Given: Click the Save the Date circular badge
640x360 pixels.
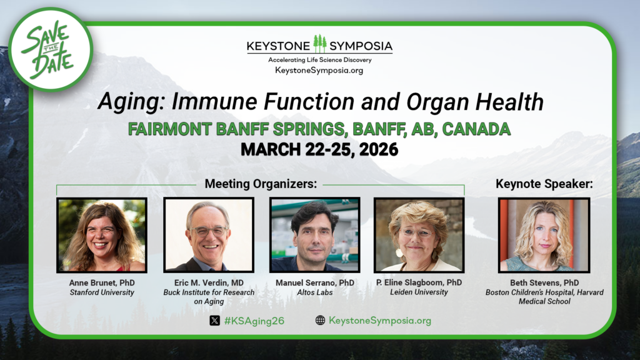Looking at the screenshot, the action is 51,49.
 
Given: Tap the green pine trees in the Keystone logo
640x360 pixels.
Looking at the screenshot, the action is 320,44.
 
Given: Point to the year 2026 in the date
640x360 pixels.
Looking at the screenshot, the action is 378,149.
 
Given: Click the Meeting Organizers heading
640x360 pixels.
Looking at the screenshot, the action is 261,184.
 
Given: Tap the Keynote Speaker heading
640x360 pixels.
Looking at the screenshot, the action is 544,184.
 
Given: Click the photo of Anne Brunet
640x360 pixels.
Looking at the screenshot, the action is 102,235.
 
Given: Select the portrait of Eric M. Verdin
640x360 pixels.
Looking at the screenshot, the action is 209,235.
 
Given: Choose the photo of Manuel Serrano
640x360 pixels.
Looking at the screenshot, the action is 315,235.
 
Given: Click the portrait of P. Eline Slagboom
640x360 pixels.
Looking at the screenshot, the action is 419,235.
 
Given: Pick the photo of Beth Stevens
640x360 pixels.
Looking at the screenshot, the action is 544,235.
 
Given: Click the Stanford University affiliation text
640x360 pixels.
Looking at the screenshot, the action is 102,292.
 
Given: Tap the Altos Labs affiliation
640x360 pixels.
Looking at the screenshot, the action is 315,292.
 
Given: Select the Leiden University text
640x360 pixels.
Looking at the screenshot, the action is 419,292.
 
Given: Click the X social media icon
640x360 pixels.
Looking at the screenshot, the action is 215,321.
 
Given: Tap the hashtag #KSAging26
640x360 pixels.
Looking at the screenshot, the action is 254,321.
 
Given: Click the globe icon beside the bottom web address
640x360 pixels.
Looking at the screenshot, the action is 321,321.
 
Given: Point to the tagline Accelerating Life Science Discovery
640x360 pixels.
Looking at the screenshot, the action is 320,60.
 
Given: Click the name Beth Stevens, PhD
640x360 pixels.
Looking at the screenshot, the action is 544,283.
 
